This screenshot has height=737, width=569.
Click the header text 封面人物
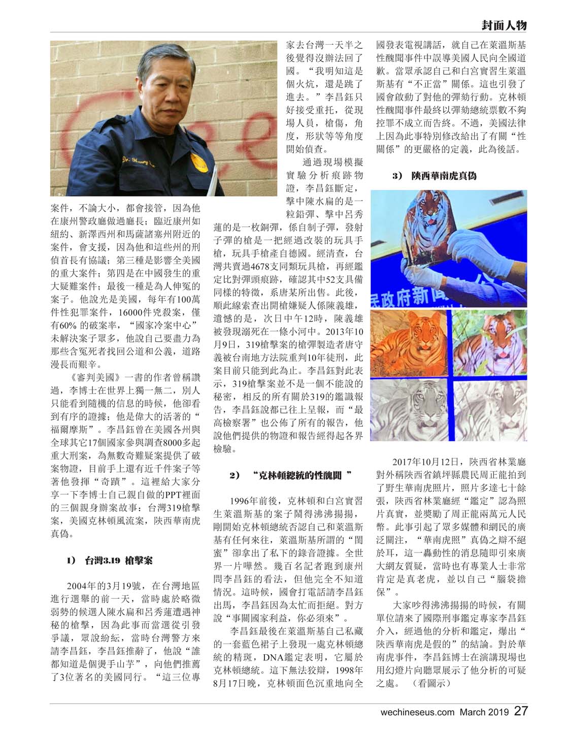(504, 25)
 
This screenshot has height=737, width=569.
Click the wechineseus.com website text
(417, 712)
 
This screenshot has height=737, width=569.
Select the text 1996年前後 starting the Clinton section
(253, 500)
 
